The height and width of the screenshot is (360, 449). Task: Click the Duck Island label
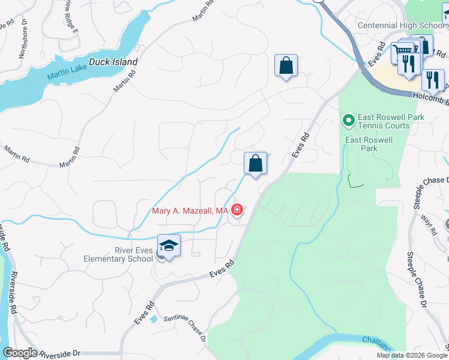click(x=113, y=62)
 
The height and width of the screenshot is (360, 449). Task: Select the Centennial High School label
click(x=401, y=25)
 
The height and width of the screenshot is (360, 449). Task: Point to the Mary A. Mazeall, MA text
click(x=190, y=211)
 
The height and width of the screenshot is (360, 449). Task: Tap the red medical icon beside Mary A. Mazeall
click(x=238, y=210)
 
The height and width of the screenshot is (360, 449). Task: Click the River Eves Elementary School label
click(x=118, y=254)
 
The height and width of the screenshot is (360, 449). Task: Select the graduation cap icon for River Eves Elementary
click(x=169, y=246)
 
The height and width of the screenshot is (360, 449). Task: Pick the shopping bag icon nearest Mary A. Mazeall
click(x=255, y=163)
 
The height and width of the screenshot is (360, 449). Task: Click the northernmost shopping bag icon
click(x=286, y=65)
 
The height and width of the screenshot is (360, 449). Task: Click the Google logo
click(x=20, y=353)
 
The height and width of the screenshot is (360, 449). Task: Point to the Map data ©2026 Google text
click(x=412, y=355)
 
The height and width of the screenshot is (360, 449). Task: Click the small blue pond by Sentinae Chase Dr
click(x=154, y=318)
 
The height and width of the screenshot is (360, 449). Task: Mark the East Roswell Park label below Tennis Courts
click(x=369, y=144)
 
